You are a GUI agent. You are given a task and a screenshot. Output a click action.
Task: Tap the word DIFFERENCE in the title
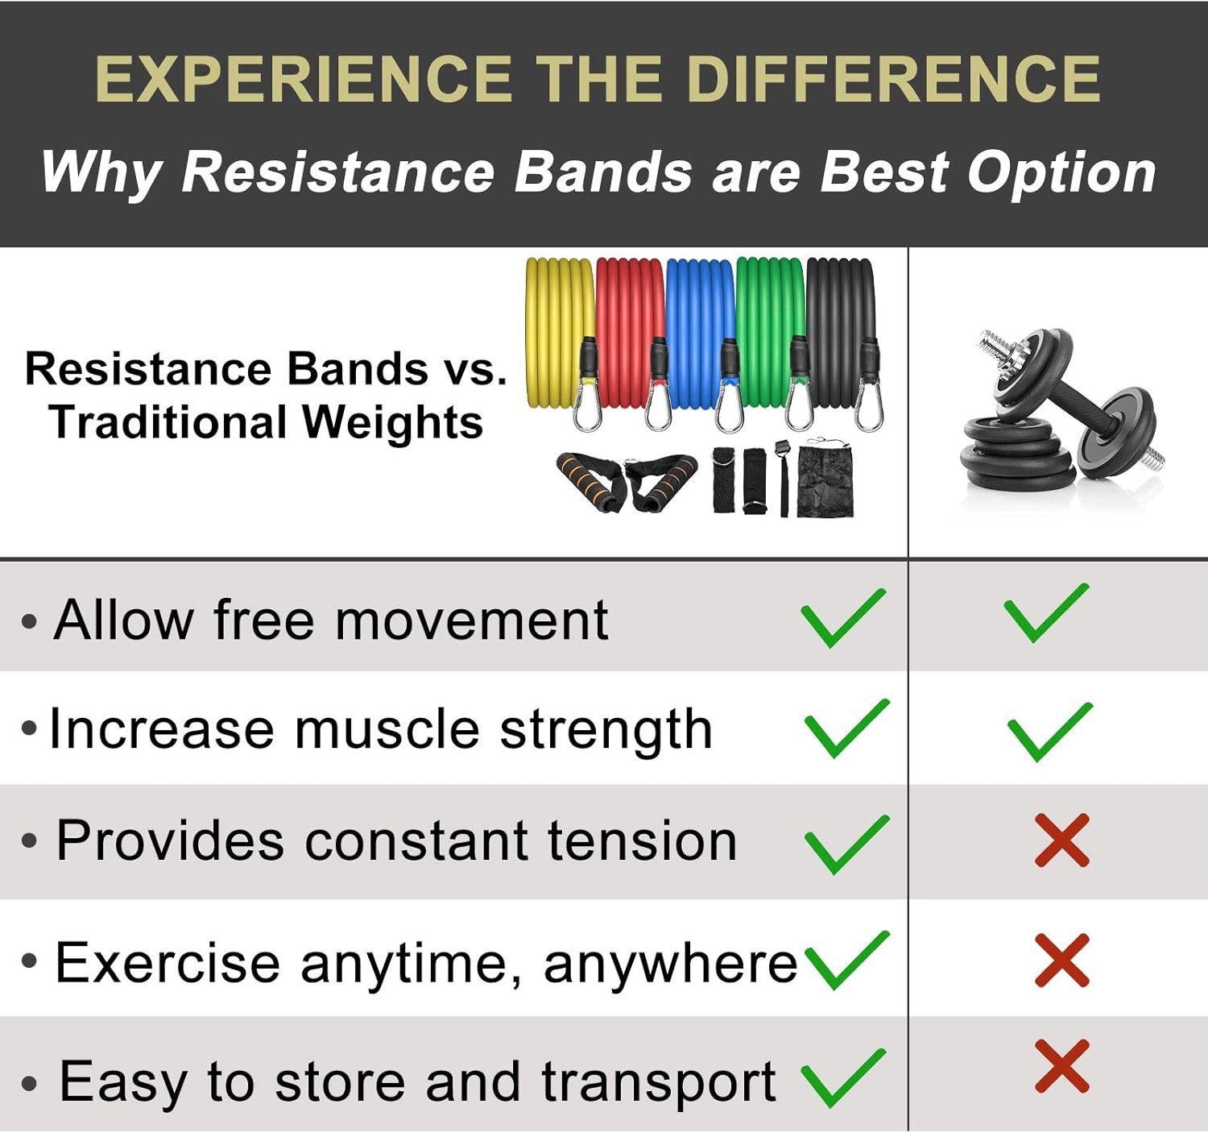point(893,79)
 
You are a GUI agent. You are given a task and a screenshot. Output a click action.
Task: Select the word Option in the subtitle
point(1061,172)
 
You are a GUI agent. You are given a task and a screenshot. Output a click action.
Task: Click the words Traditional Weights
point(266,422)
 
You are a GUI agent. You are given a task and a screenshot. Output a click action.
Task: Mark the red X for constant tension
point(1062,840)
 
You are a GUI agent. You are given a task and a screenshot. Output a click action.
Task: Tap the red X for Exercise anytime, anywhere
point(1062,960)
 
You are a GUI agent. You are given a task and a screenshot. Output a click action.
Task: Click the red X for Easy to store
point(1062,1066)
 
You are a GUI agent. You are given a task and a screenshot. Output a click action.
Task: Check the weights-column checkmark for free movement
point(1046,613)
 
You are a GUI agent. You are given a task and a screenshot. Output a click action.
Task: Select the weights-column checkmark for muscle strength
point(1049,731)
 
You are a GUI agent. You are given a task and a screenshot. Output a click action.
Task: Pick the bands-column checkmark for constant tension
point(846,844)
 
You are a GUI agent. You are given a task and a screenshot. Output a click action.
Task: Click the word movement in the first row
point(471,620)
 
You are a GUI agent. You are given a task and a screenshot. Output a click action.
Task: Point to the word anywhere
point(670,963)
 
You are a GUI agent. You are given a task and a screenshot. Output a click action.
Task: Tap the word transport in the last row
point(658,1082)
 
